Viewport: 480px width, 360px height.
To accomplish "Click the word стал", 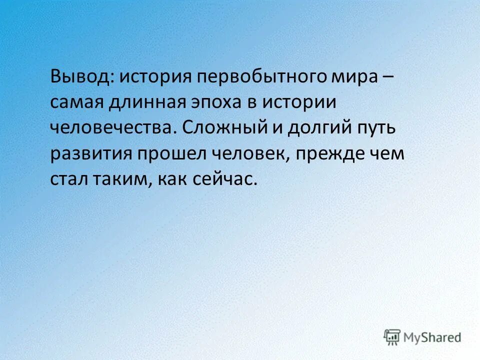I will click(x=68, y=178).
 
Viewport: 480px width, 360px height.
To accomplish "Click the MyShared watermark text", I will click(x=432, y=337).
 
